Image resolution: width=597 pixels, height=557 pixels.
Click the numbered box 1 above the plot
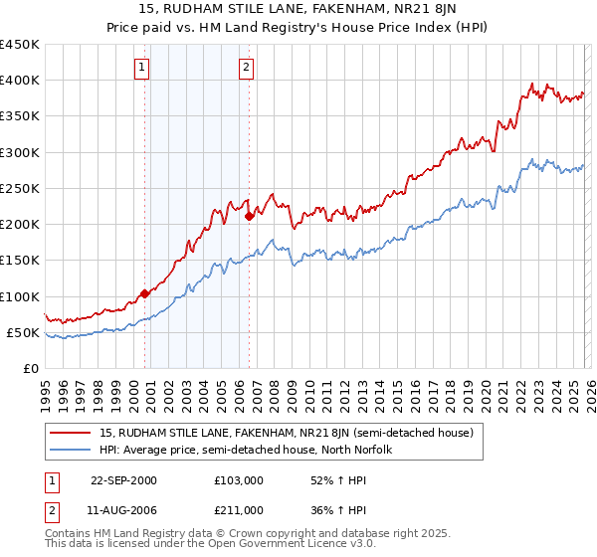click(x=142, y=68)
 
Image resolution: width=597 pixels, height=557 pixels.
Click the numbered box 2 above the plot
click(x=245, y=68)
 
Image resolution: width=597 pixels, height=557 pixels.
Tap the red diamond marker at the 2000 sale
click(x=144, y=293)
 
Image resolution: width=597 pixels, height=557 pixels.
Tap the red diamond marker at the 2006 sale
click(x=249, y=216)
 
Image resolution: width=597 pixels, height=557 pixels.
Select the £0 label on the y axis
click(x=30, y=368)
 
